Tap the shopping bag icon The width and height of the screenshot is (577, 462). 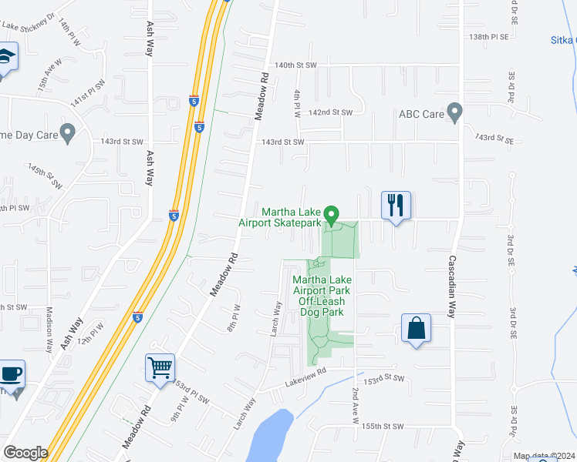click(x=416, y=328)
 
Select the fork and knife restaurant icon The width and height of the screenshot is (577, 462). click(x=396, y=206)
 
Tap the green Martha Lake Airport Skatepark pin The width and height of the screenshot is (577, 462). click(x=332, y=215)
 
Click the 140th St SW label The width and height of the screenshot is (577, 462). click(x=296, y=65)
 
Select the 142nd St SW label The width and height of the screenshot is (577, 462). click(x=330, y=112)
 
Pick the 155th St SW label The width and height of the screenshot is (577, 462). click(x=383, y=426)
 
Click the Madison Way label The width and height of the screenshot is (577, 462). click(x=49, y=330)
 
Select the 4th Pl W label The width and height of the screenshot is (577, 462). click(x=298, y=103)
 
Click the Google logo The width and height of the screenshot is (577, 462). click(x=25, y=452)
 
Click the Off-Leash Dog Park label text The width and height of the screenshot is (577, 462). click(x=321, y=307)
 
